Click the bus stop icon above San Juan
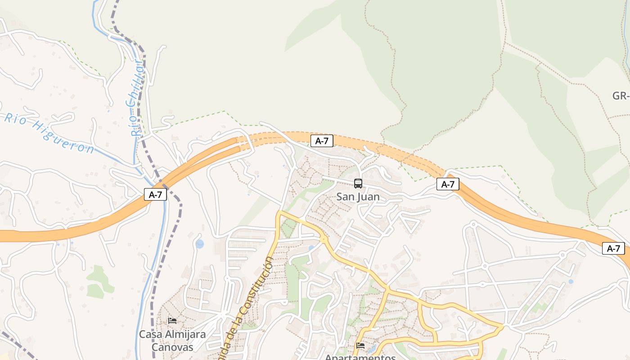pyautogui.click(x=358, y=184)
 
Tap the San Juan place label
pyautogui.click(x=358, y=197)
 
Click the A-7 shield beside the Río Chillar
pyautogui.click(x=155, y=194)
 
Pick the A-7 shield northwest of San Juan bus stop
pyautogui.click(x=322, y=141)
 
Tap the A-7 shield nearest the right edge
pyautogui.click(x=613, y=248)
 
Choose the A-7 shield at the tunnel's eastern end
pyautogui.click(x=448, y=184)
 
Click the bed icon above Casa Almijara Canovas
pyautogui.click(x=172, y=321)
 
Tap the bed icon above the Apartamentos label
pyautogui.click(x=360, y=346)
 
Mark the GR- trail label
pyautogui.click(x=621, y=96)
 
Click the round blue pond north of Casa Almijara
pyautogui.click(x=199, y=244)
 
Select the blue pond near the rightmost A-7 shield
pyautogui.click(x=571, y=282)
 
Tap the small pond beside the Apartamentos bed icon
pyautogui.click(x=371, y=349)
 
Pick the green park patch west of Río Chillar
pyautogui.click(x=97, y=281)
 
